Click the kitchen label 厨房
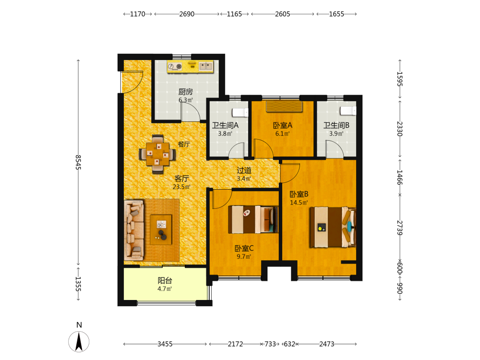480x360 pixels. click(x=185, y=92)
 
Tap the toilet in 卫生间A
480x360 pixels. click(x=240, y=112)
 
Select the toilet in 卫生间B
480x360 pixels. click(x=348, y=111)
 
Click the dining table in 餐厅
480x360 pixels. click(x=157, y=154)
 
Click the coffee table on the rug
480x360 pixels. click(x=161, y=229)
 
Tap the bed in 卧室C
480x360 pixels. click(x=253, y=219)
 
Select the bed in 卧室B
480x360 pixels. click(x=333, y=227)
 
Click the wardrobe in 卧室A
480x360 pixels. click(x=284, y=107)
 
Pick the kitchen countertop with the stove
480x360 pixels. click(x=190, y=66)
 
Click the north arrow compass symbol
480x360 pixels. click(x=79, y=341)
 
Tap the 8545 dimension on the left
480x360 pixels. click(x=78, y=162)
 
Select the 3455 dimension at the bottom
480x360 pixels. click(x=165, y=344)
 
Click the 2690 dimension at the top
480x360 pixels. click(x=187, y=14)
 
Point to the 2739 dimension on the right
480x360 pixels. click(x=400, y=228)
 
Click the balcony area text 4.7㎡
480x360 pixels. click(x=165, y=288)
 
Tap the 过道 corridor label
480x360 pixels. click(x=244, y=170)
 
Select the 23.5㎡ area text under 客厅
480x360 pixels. click(x=181, y=187)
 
